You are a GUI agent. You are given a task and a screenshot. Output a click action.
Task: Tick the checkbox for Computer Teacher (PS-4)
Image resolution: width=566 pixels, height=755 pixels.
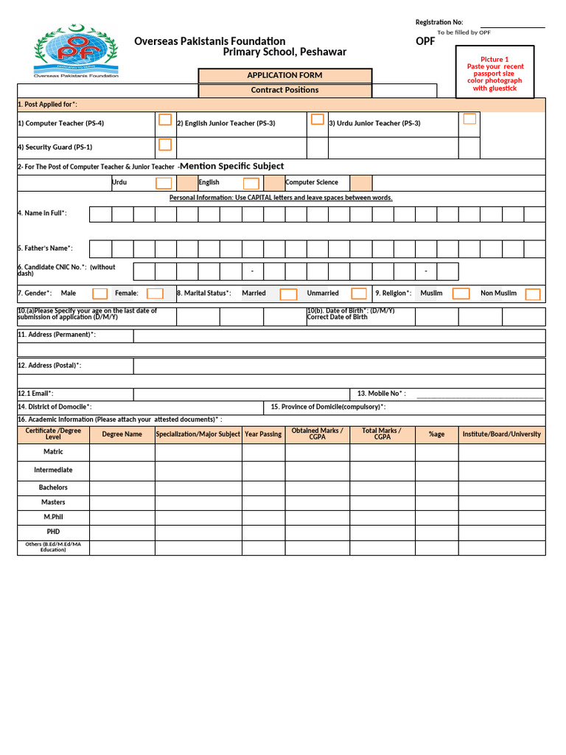(x=165, y=120)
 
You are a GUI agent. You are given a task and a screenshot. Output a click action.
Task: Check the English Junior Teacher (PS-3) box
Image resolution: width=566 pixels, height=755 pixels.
(x=318, y=119)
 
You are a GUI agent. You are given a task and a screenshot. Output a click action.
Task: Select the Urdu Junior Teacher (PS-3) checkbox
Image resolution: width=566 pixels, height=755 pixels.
(x=469, y=119)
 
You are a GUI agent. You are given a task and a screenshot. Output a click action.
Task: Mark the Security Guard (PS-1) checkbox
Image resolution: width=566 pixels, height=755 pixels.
(x=165, y=145)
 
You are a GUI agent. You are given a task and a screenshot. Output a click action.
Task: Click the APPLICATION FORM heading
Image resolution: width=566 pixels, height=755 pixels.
(x=284, y=75)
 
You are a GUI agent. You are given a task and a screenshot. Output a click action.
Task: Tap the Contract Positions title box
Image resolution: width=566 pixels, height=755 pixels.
(x=284, y=90)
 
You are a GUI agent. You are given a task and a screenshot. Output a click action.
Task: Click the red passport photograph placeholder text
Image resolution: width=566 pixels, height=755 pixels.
(x=495, y=74)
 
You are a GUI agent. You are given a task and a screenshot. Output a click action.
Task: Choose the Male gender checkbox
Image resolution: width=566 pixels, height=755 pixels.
(x=99, y=294)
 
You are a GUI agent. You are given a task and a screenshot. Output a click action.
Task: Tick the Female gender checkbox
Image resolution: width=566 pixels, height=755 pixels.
(x=154, y=294)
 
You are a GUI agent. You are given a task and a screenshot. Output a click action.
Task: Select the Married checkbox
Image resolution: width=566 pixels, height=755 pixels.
(x=289, y=294)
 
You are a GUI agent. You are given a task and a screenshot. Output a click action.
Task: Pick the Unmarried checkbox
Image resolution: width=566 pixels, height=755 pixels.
(x=359, y=294)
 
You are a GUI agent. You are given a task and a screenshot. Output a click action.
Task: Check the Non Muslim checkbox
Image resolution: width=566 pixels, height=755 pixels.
(x=532, y=294)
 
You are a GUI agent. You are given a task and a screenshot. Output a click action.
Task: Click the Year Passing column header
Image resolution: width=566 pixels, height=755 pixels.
(x=263, y=434)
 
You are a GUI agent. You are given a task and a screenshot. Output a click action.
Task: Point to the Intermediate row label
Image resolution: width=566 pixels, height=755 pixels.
(x=53, y=470)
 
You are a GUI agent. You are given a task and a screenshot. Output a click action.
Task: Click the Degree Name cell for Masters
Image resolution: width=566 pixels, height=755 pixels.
(x=122, y=502)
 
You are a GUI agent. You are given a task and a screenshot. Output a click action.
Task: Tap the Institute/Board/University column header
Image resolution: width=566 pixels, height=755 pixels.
(x=502, y=434)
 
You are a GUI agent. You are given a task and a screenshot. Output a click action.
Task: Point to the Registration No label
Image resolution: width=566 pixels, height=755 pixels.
(x=439, y=22)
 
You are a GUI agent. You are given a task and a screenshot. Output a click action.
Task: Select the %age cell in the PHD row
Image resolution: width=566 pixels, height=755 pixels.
(x=436, y=532)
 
